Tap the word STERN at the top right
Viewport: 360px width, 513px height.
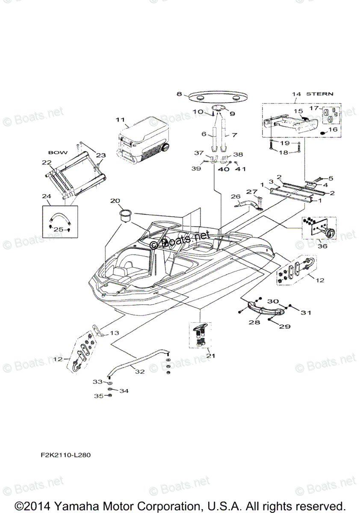coord(321,93)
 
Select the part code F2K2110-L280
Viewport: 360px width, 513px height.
coord(63,455)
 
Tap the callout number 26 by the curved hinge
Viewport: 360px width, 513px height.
coord(236,197)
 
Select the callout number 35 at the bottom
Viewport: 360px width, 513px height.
coord(98,396)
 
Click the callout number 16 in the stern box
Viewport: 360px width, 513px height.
coord(332,129)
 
